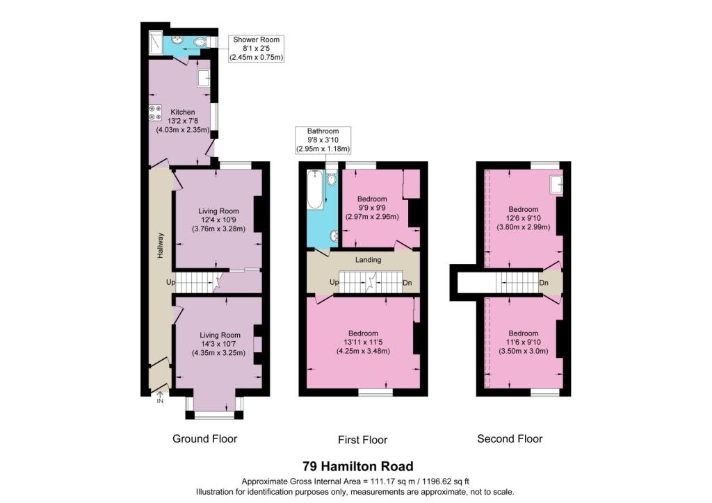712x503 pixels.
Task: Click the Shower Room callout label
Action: [x=256, y=49]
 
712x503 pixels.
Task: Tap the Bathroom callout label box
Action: [x=323, y=140]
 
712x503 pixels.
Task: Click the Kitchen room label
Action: [x=183, y=112]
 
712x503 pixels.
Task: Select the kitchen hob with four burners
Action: [x=155, y=113]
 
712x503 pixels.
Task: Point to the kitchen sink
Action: [x=204, y=78]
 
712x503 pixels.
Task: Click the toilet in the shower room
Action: [x=200, y=42]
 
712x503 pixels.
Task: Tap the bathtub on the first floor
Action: [x=315, y=190]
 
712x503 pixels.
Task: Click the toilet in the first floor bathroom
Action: [x=332, y=179]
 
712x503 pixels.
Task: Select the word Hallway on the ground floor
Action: [x=161, y=246]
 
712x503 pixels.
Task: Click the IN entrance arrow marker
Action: [x=160, y=398]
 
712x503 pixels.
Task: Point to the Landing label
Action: [x=368, y=260]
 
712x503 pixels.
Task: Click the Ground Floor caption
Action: [x=205, y=438]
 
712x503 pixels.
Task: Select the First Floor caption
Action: [x=362, y=440]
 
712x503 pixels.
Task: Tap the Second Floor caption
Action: [x=510, y=438]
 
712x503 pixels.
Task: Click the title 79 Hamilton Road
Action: [x=358, y=466]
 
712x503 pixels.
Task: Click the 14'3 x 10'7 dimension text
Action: [x=220, y=345]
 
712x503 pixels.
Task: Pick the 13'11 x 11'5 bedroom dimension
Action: [x=363, y=343]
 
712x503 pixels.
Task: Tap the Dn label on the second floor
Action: [x=544, y=283]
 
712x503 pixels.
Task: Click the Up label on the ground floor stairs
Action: [x=170, y=282]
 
